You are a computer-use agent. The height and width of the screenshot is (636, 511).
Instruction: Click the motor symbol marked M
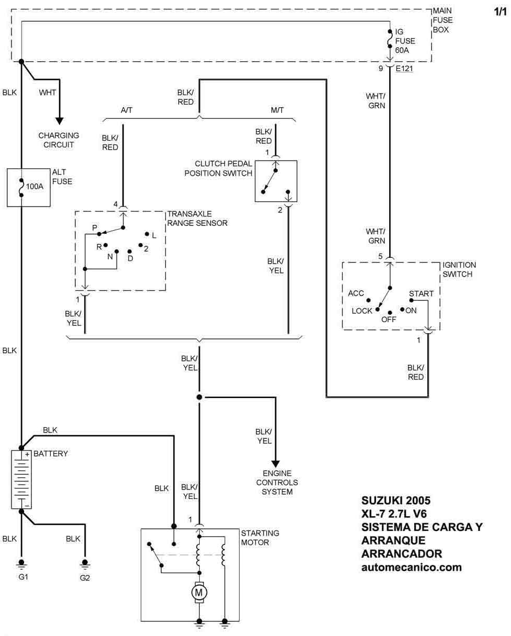pyautogui.click(x=199, y=592)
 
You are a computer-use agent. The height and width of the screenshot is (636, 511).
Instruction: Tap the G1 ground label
pyautogui.click(x=23, y=577)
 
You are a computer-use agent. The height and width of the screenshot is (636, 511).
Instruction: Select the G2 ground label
pyautogui.click(x=85, y=578)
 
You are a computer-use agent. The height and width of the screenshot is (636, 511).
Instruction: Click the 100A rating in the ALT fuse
pyautogui.click(x=35, y=186)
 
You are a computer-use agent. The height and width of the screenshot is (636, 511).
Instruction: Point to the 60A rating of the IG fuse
pyautogui.click(x=402, y=50)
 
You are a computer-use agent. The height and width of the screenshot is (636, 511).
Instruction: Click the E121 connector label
pyautogui.click(x=404, y=69)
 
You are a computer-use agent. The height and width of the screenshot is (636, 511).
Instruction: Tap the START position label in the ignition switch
pyautogui.click(x=421, y=293)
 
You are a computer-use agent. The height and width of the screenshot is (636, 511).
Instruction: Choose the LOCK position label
pyautogui.click(x=362, y=311)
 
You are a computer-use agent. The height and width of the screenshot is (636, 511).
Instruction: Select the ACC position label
pyautogui.click(x=356, y=293)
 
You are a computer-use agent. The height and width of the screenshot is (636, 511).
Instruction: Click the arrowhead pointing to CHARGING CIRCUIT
pyautogui.click(x=60, y=121)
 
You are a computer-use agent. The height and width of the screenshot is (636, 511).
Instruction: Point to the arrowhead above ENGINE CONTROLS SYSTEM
pyautogui.click(x=276, y=464)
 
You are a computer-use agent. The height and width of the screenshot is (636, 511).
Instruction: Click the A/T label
pyautogui.click(x=127, y=110)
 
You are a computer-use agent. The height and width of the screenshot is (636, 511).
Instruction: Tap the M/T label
pyautogui.click(x=277, y=110)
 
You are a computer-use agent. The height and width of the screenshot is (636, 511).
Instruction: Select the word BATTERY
pyautogui.click(x=51, y=453)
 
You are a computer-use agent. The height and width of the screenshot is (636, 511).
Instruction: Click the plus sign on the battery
pyautogui.click(x=27, y=454)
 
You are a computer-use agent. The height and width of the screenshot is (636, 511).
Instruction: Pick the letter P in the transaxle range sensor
pyautogui.click(x=95, y=228)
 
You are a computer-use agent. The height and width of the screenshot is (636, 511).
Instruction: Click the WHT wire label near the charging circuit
pyautogui.click(x=47, y=93)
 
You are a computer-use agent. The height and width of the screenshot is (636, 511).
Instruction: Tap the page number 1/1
pyautogui.click(x=500, y=12)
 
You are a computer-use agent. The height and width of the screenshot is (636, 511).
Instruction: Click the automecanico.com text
pyautogui.click(x=411, y=567)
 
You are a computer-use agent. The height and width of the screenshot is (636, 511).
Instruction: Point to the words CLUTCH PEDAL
pyautogui.click(x=223, y=164)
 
